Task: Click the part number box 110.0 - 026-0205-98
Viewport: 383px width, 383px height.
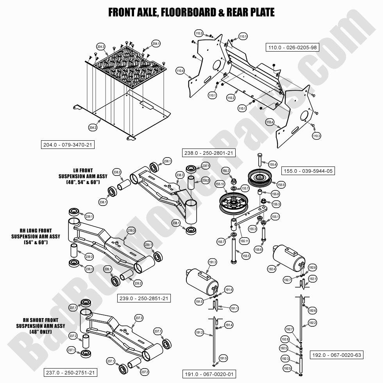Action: (x=292, y=48)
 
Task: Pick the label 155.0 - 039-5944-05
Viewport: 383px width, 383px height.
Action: (x=308, y=171)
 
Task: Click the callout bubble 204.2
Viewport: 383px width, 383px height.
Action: (x=93, y=127)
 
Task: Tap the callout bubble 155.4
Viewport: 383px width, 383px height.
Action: (x=273, y=165)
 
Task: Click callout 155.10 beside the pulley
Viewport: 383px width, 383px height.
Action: (x=220, y=184)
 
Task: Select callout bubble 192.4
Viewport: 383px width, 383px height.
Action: (x=271, y=269)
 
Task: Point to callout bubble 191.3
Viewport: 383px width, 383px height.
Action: (x=213, y=262)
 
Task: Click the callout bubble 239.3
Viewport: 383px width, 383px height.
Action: (x=131, y=231)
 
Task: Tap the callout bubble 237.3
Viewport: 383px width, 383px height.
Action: (x=139, y=317)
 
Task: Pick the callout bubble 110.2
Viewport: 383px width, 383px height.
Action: (x=231, y=98)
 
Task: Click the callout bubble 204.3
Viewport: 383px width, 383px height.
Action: (x=101, y=47)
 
